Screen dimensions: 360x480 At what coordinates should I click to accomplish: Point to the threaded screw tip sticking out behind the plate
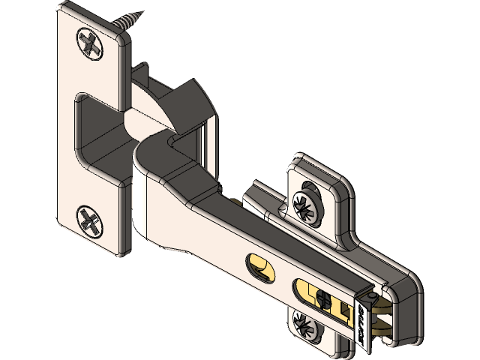click(x=128, y=19)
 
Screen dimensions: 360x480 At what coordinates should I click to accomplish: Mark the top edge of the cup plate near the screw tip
click(x=90, y=10)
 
